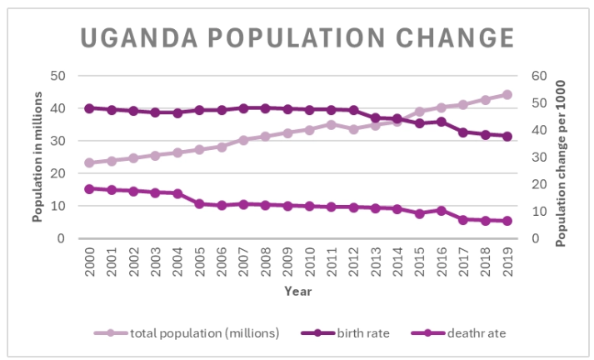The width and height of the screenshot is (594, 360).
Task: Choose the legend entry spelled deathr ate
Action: (x=477, y=332)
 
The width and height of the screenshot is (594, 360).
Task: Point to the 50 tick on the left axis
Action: (x=57, y=76)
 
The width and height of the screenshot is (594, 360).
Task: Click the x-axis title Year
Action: (x=297, y=292)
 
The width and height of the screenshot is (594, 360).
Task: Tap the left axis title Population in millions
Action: (x=37, y=157)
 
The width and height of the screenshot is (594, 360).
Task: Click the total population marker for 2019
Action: (x=507, y=95)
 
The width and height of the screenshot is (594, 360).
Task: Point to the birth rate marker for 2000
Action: (x=89, y=108)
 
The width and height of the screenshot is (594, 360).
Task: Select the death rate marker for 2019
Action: (x=507, y=221)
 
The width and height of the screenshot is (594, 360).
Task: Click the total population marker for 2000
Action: (x=89, y=162)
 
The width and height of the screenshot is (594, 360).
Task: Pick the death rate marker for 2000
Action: (x=89, y=188)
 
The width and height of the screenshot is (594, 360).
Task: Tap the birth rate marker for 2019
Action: (x=507, y=137)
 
